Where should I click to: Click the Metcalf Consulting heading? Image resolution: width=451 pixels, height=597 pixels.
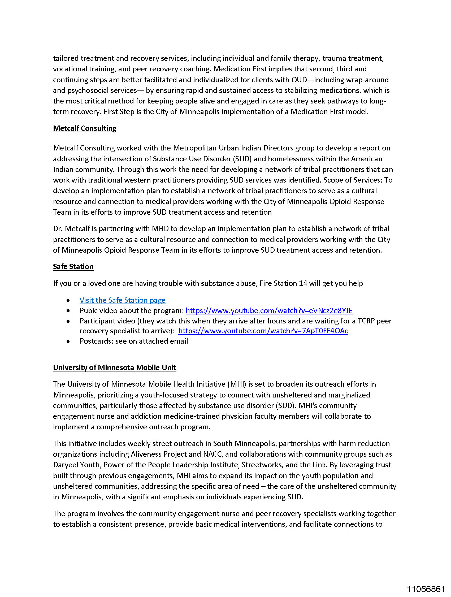84,128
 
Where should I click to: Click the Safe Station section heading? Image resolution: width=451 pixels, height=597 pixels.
73,266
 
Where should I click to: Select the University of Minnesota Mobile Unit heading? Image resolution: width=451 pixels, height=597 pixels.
114,367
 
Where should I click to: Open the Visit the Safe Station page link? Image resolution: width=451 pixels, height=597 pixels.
122,300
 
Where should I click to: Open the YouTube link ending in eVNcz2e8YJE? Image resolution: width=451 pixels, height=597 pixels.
269,310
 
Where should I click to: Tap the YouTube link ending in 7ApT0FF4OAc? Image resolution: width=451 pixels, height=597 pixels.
263,331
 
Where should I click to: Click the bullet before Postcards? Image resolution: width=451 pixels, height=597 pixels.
68,341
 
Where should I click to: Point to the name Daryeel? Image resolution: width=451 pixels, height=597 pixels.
65,465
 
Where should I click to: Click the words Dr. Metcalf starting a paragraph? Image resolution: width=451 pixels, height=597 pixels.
71,229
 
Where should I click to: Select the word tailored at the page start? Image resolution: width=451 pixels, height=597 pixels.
66,58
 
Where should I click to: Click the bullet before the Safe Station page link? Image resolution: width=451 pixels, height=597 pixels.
68,300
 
